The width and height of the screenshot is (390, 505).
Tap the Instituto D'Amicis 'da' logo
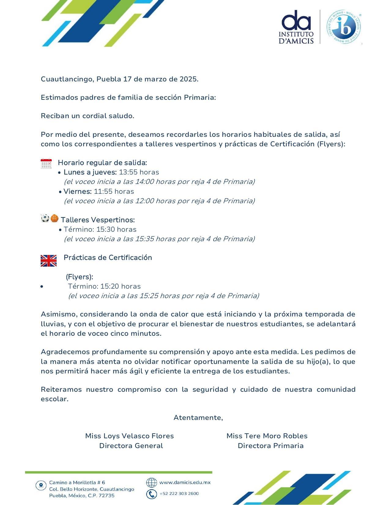click(296, 27)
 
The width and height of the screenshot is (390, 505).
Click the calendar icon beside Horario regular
click(46, 164)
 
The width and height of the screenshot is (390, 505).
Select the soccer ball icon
click(45, 219)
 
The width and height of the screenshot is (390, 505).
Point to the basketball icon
click(54, 219)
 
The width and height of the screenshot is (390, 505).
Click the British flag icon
click(49, 261)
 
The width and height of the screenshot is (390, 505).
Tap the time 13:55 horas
click(139, 172)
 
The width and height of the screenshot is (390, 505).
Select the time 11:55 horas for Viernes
click(114, 191)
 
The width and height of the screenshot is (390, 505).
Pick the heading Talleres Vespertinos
click(98, 220)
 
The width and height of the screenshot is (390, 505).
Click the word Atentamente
click(198, 417)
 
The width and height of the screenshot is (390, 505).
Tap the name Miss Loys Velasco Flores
click(129, 436)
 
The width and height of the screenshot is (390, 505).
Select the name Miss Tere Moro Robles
click(267, 436)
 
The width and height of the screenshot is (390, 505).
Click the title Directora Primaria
click(270, 446)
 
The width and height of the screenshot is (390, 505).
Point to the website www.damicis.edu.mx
click(185, 482)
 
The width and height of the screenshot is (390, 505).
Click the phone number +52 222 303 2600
click(179, 493)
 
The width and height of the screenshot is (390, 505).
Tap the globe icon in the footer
click(151, 483)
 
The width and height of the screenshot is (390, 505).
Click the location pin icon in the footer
click(41, 485)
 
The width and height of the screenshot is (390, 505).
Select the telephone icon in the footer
click(151, 494)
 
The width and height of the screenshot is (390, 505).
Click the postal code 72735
click(106, 496)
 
